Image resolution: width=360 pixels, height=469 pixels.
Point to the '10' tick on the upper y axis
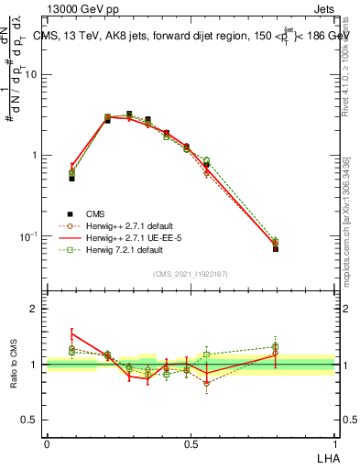click(34, 75)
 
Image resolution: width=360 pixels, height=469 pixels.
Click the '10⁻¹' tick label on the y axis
click(31, 235)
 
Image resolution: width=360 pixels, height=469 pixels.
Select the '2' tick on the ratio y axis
click(37, 309)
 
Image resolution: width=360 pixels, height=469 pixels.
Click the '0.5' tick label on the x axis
click(191, 443)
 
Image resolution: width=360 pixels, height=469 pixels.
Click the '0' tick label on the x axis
click(47, 443)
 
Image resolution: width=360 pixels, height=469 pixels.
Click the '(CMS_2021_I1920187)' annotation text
click(191, 274)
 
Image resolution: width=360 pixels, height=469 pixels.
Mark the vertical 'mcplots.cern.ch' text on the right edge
click(346, 229)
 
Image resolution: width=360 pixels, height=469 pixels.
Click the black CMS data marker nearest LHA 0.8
click(276, 248)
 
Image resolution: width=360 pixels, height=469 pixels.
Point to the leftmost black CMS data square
click(72, 179)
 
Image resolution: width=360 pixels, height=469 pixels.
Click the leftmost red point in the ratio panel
click(72, 334)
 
